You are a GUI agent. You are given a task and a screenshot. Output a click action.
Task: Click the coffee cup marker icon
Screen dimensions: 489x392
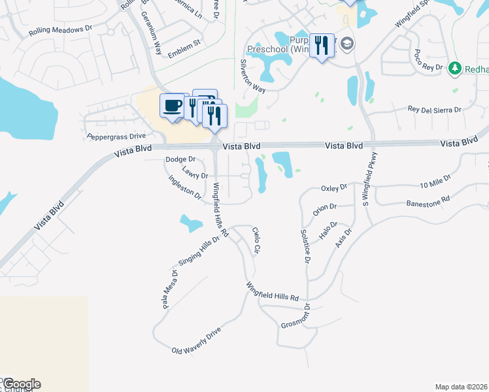click(x=172, y=105)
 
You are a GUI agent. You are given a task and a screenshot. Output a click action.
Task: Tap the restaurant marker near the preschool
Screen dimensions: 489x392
click(x=321, y=45)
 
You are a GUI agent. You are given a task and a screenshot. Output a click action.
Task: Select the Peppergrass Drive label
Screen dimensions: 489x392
click(x=116, y=137)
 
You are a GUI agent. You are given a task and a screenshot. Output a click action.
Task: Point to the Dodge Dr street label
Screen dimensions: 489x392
click(x=180, y=159)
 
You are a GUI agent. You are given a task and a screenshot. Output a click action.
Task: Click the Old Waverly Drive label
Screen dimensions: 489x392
click(x=197, y=341)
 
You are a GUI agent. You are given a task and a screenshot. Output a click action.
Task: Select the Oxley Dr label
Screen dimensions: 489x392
click(x=334, y=188)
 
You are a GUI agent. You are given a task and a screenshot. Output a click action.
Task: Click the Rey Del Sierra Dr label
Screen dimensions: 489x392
click(x=435, y=110)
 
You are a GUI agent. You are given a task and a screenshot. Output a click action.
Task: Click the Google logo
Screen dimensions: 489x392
click(x=21, y=384)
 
